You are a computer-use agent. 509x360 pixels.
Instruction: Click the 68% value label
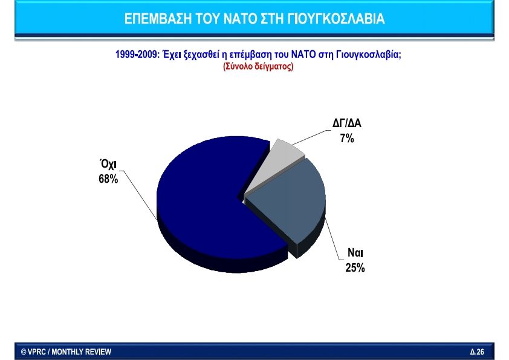click(108, 179)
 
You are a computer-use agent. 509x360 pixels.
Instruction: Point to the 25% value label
click(355, 267)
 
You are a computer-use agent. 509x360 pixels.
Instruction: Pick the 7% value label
click(347, 139)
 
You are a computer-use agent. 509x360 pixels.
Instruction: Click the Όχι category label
click(108, 164)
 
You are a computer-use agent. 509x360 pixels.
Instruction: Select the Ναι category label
click(355, 253)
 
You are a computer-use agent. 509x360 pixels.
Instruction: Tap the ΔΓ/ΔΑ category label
click(347, 123)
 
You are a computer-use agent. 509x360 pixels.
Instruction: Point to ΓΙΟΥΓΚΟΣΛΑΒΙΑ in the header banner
click(336, 19)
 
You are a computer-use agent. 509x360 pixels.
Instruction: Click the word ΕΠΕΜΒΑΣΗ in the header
click(158, 19)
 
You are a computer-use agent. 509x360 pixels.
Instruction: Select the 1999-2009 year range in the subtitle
click(136, 54)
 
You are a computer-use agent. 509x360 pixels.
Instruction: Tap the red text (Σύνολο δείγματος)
click(258, 67)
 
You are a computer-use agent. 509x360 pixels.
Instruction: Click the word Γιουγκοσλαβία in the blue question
click(368, 54)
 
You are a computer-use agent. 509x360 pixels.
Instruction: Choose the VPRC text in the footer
click(37, 352)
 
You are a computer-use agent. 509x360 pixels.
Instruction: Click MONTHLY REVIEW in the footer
click(82, 352)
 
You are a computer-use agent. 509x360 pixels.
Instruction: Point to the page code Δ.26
click(477, 352)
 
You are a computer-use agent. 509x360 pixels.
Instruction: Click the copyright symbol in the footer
click(24, 352)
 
